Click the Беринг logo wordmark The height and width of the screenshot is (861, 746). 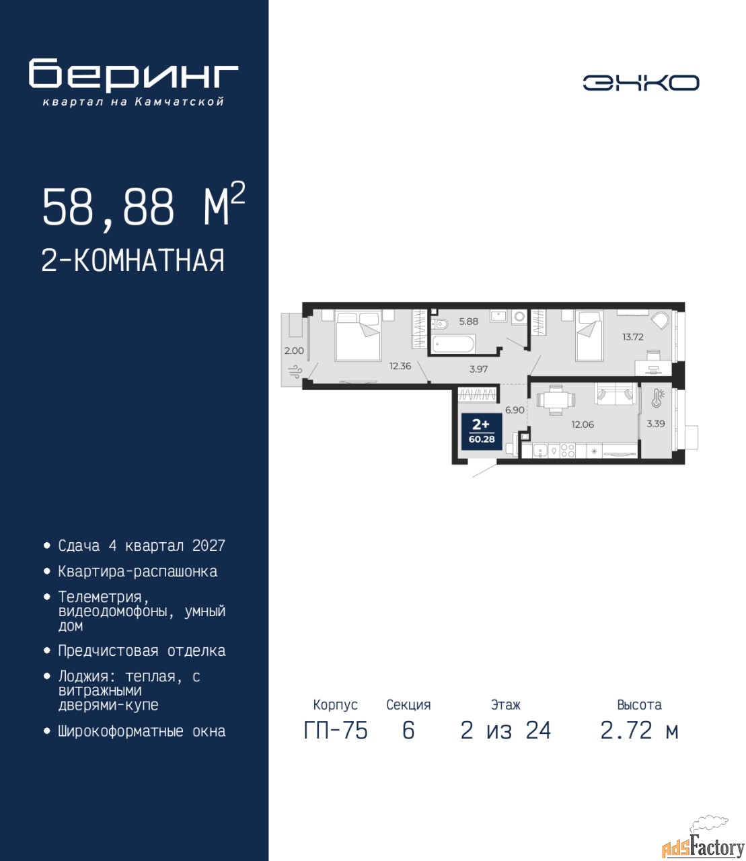(x=133, y=75)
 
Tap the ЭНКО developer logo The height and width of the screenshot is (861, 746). (x=640, y=83)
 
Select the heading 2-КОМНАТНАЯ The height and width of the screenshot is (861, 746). (x=133, y=260)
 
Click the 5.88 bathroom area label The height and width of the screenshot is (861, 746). (x=469, y=321)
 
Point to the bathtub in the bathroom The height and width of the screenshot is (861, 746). (x=453, y=344)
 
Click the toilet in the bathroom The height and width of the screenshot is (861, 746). (x=439, y=324)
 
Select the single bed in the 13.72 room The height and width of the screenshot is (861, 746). (x=589, y=336)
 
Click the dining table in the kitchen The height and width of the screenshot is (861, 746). (x=556, y=400)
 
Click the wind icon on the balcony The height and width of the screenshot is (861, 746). (x=295, y=371)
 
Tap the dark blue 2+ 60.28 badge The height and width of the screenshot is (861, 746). (x=481, y=432)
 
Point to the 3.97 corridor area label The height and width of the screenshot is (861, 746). (x=478, y=369)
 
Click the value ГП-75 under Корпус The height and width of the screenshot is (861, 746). (x=336, y=731)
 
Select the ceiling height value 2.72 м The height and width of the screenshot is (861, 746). (x=639, y=731)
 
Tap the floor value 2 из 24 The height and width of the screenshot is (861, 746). (x=506, y=731)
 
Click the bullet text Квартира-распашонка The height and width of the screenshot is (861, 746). (x=138, y=572)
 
